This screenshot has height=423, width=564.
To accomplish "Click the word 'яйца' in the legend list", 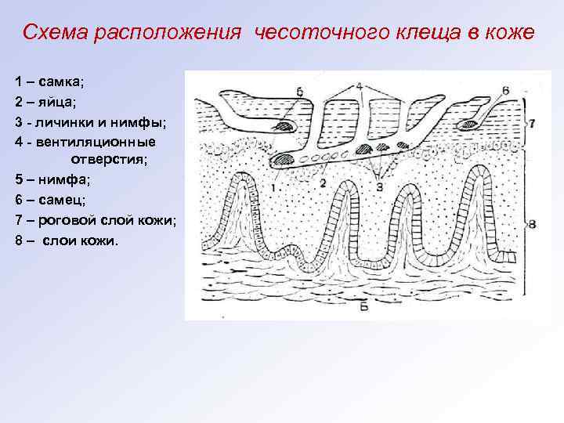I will coord(52,102).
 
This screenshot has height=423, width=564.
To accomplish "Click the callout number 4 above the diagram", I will coord(358,85).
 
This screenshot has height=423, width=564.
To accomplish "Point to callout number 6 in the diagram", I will coord(506,90).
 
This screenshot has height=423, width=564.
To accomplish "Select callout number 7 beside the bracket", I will coord(532,123).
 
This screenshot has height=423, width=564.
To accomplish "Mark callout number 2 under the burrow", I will coord(322,183).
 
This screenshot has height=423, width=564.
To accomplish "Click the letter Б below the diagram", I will coord(363,307).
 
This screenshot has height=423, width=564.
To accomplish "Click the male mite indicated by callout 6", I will coord(474,123).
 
